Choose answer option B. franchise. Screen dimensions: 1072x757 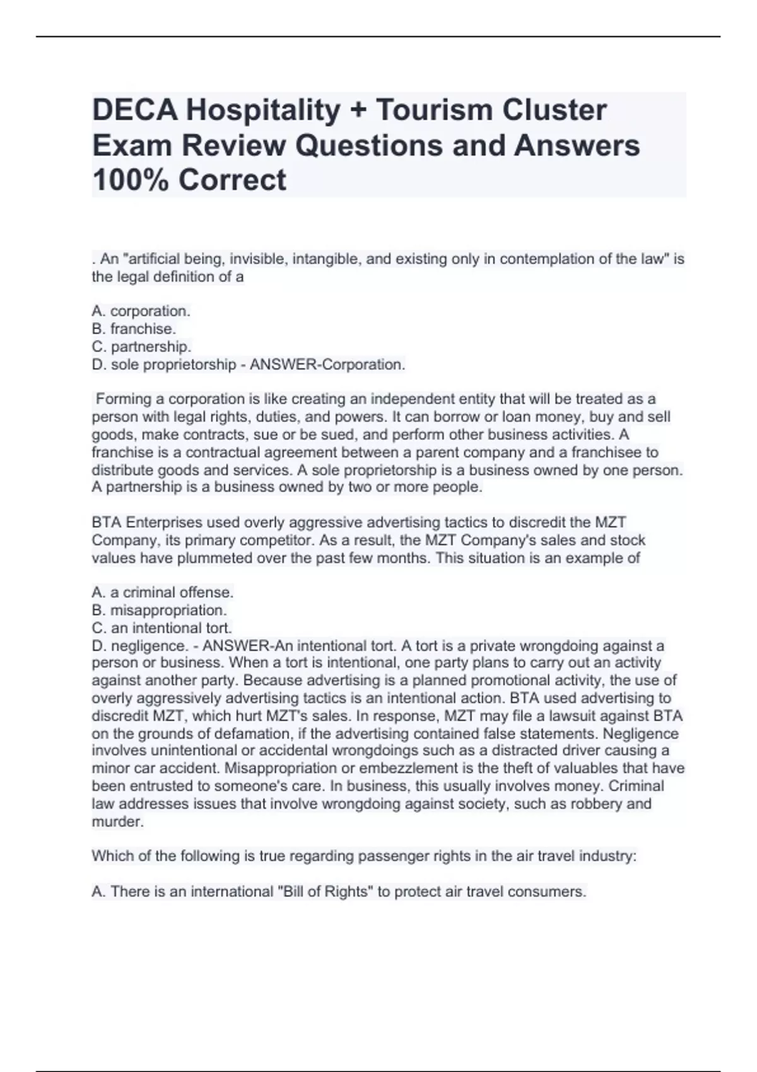tap(134, 329)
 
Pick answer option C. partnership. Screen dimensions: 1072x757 tap(141, 347)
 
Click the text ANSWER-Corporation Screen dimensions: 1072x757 tap(327, 364)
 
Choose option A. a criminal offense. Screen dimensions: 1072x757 tap(163, 593)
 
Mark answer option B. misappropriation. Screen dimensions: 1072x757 tap(159, 610)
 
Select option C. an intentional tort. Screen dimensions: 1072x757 tap(162, 628)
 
